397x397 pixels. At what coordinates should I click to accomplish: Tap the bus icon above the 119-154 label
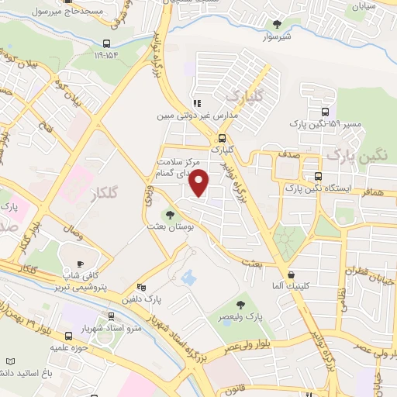click(x=106, y=43)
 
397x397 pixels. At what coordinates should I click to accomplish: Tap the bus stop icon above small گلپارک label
click(x=223, y=136)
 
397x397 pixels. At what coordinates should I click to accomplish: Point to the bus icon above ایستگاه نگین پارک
click(x=317, y=175)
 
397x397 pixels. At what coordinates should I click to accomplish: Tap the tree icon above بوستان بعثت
click(x=170, y=215)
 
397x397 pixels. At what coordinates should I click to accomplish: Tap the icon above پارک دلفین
click(x=140, y=285)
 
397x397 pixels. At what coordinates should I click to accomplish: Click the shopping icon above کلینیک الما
click(x=291, y=274)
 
